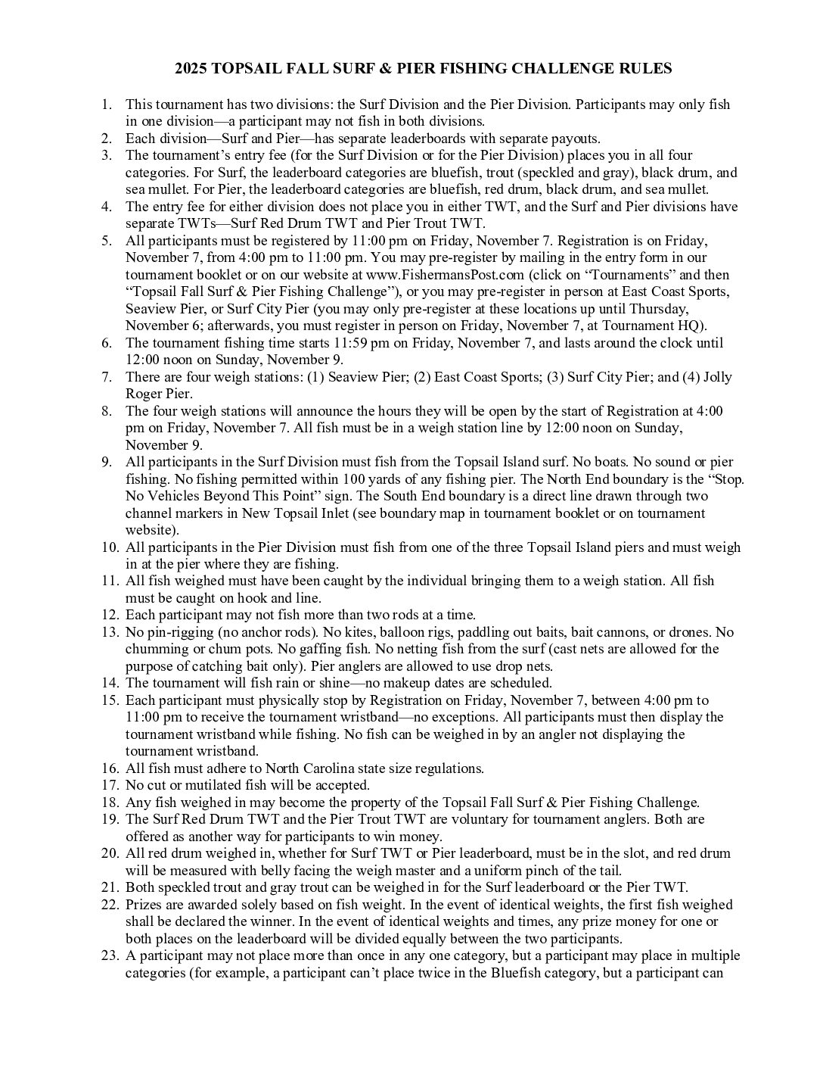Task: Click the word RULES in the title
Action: (644, 69)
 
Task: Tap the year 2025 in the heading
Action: (191, 69)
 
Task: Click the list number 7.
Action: (107, 377)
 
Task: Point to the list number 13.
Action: (110, 632)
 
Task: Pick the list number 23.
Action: (110, 955)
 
